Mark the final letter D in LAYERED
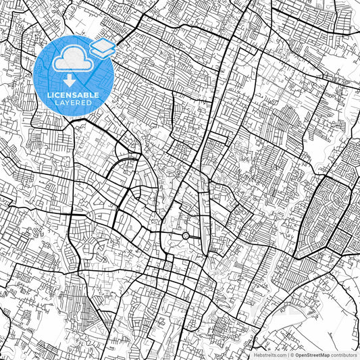(94, 103)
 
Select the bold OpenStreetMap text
(313, 354)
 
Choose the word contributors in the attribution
(344, 354)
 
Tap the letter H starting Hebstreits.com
(255, 354)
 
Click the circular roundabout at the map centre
(185, 236)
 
